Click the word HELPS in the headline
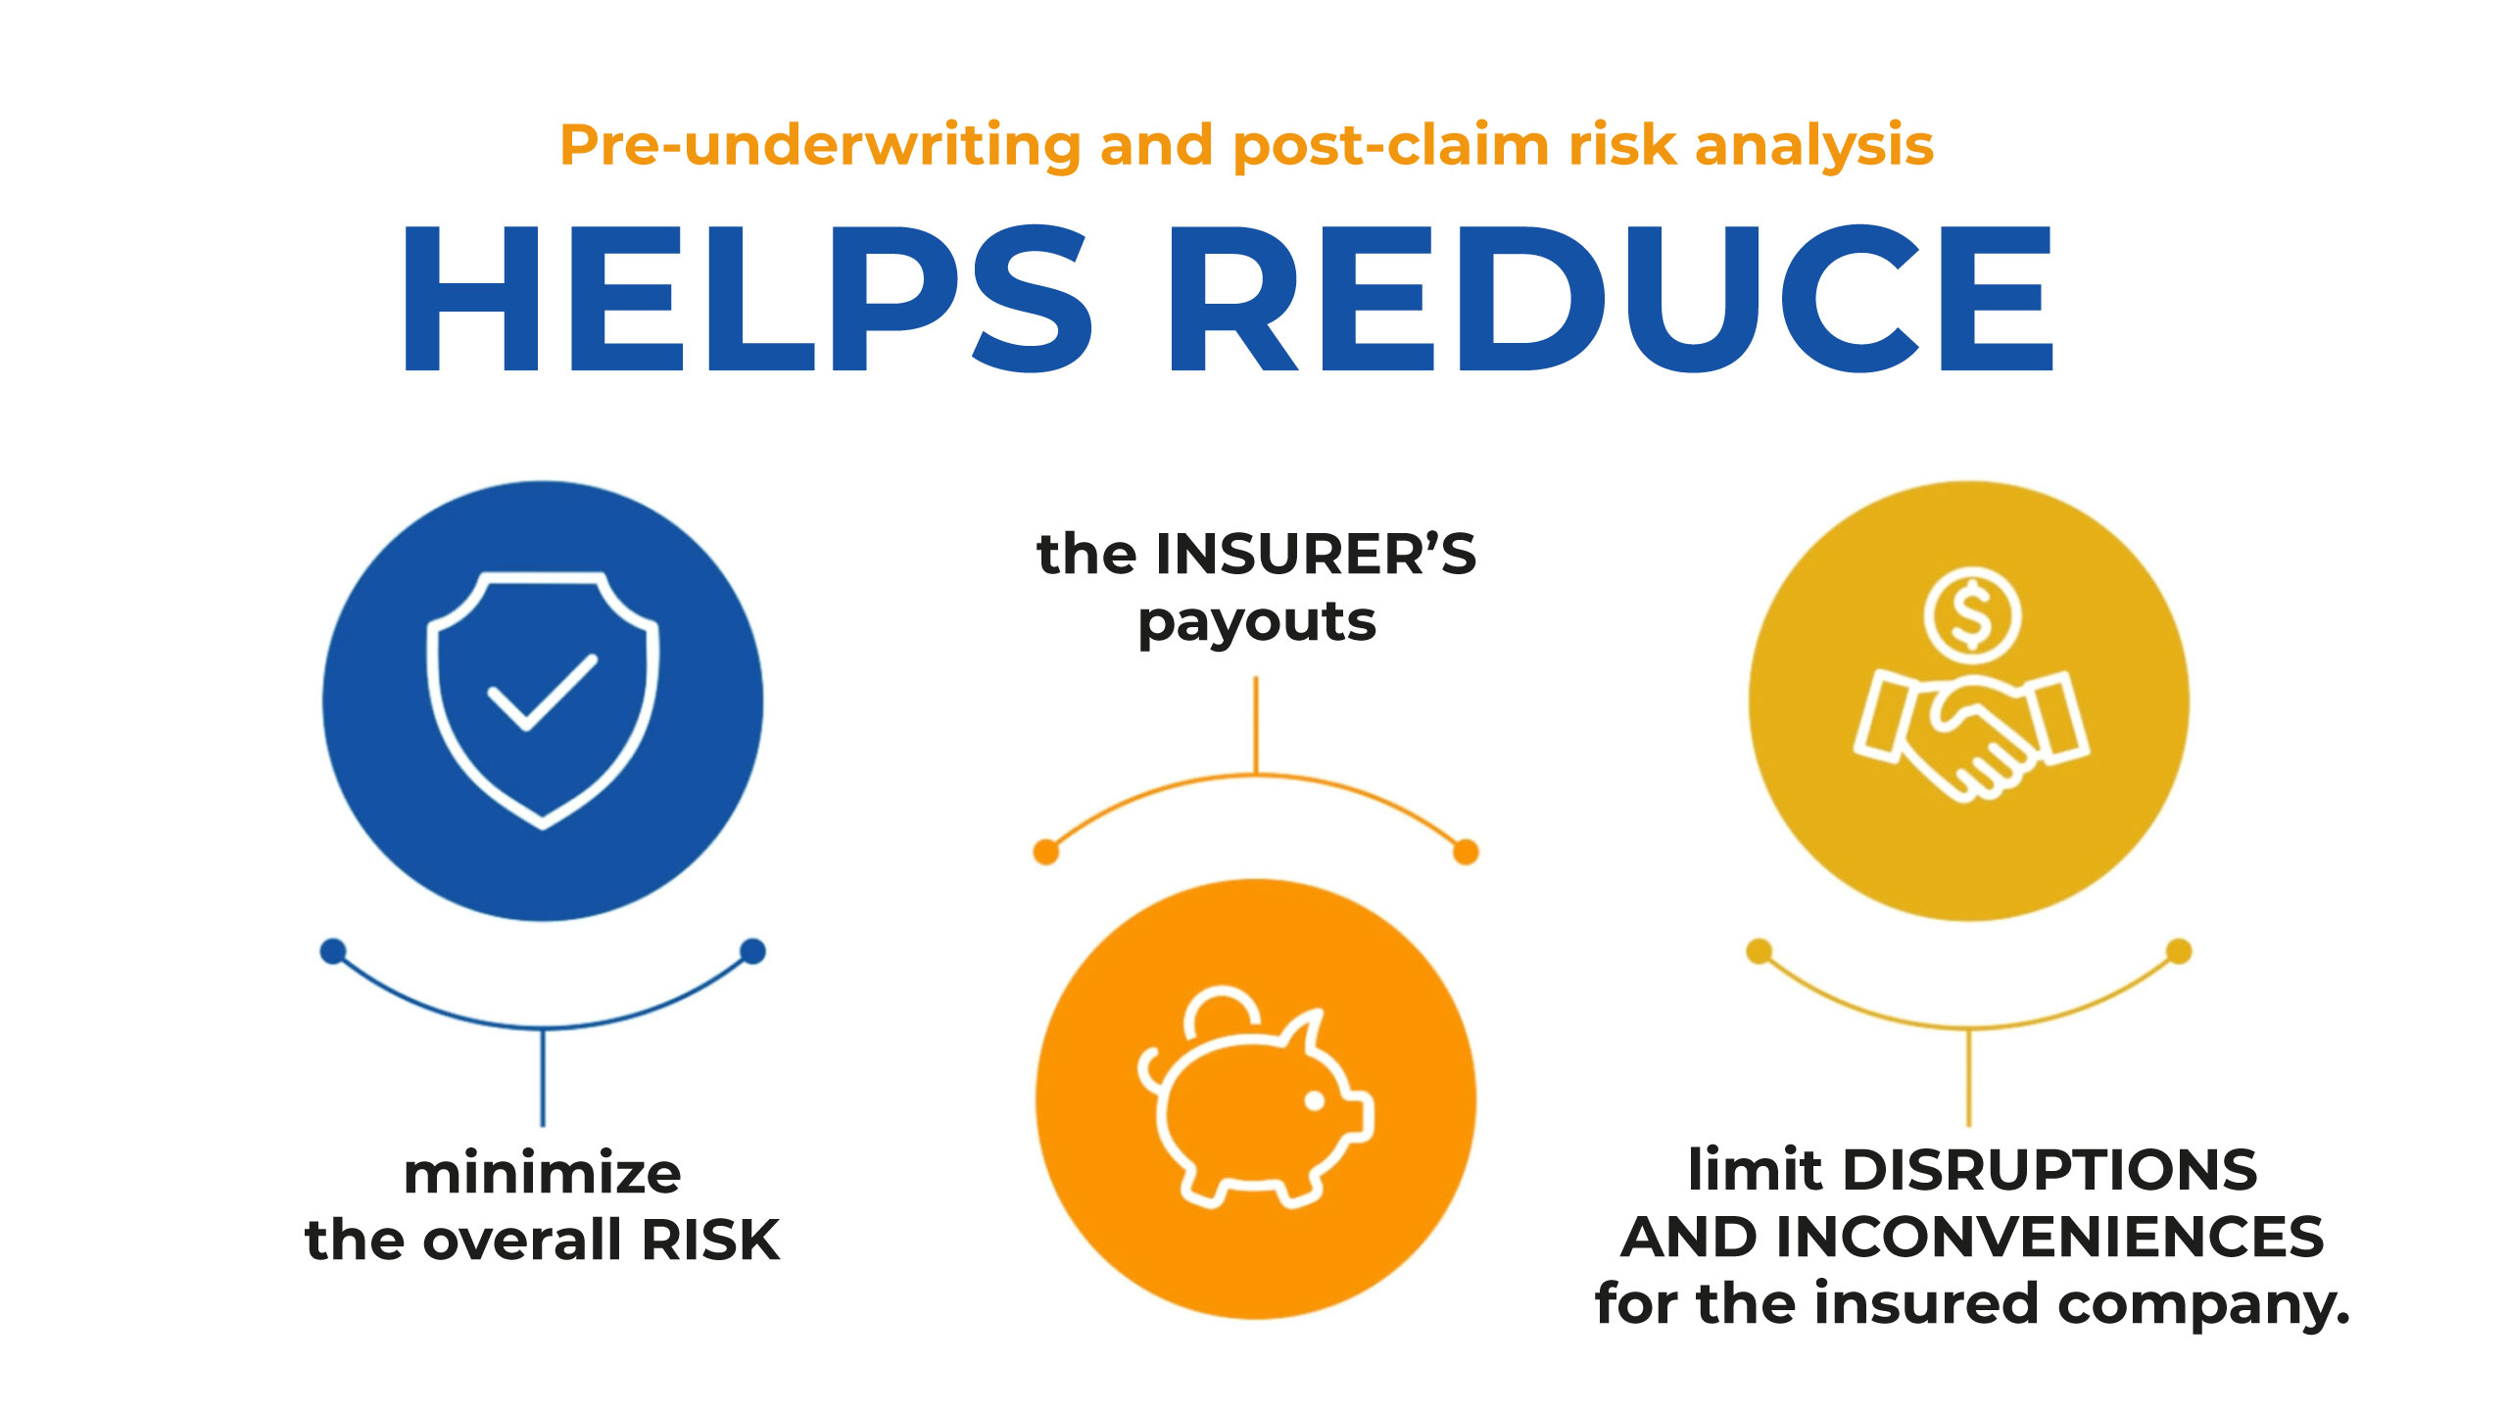click(747, 298)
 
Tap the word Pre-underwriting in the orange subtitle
click(820, 146)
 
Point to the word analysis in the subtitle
click(1814, 146)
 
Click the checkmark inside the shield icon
click(543, 692)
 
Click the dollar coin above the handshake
click(1972, 615)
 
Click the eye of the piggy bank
click(1315, 1101)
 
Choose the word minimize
click(543, 1173)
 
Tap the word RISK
click(711, 1241)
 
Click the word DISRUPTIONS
click(2050, 1170)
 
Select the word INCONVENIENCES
click(2050, 1237)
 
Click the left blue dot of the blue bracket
click(333, 950)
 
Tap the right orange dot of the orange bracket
click(1466, 852)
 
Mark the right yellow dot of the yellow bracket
click(2179, 950)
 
